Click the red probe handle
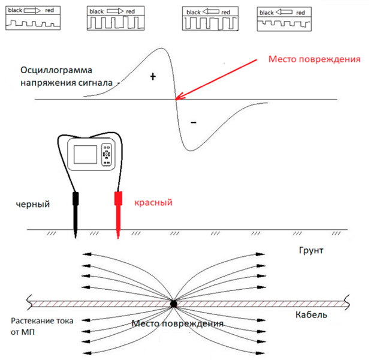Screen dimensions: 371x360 tap(118, 199)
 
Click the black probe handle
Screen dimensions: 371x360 tap(76, 199)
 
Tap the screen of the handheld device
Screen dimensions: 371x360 tap(85, 154)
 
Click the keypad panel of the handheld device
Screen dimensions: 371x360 tap(107, 154)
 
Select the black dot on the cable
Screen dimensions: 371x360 tap(173, 304)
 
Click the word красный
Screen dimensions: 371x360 tap(153, 203)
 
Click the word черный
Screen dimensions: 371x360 tap(33, 204)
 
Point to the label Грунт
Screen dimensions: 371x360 tap(311, 250)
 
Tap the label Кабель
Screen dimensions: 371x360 tap(311, 315)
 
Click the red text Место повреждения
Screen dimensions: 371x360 tap(315, 59)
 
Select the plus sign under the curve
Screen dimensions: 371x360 tap(153, 77)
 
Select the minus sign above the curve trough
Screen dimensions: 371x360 tap(194, 122)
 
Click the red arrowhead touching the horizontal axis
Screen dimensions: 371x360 tap(179, 96)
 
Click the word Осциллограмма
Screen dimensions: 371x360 tap(56, 70)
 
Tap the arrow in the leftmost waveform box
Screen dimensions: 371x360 tap(32, 10)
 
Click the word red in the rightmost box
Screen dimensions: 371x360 tap(300, 13)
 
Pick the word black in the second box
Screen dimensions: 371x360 tap(96, 11)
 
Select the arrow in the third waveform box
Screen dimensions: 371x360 tap(211, 11)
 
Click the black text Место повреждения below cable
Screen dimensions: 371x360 tap(177, 323)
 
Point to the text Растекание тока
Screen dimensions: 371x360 tap(42, 321)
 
